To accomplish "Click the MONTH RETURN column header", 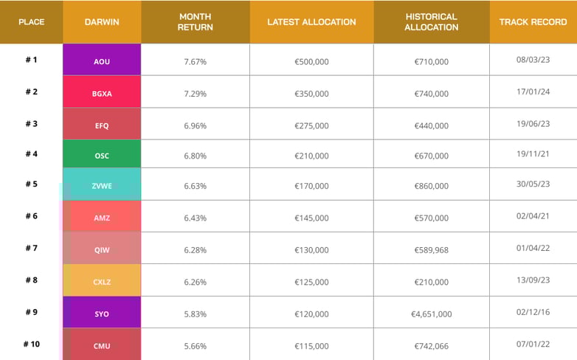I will pos(195,22).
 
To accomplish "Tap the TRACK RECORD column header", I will pos(533,22).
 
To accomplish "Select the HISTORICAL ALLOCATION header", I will pos(431,22).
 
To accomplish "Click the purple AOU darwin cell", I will pos(102,61).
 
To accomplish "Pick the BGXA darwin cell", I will pos(102,93).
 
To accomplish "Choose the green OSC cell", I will pos(102,156).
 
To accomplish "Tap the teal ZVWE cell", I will pos(102,186).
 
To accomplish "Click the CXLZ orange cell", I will pos(102,281).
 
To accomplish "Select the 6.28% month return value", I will pos(195,250).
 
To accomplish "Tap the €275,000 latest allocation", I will pos(311,125).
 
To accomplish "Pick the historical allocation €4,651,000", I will pos(431,314).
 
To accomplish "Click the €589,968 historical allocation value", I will pos(431,250).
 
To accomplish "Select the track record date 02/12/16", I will pos(533,313).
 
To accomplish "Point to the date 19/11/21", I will pos(533,155).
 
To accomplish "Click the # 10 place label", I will pos(31,344).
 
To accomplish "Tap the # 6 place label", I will pos(31,216).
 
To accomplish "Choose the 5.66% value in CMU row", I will pos(195,345).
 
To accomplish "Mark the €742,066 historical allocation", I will pos(431,345).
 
